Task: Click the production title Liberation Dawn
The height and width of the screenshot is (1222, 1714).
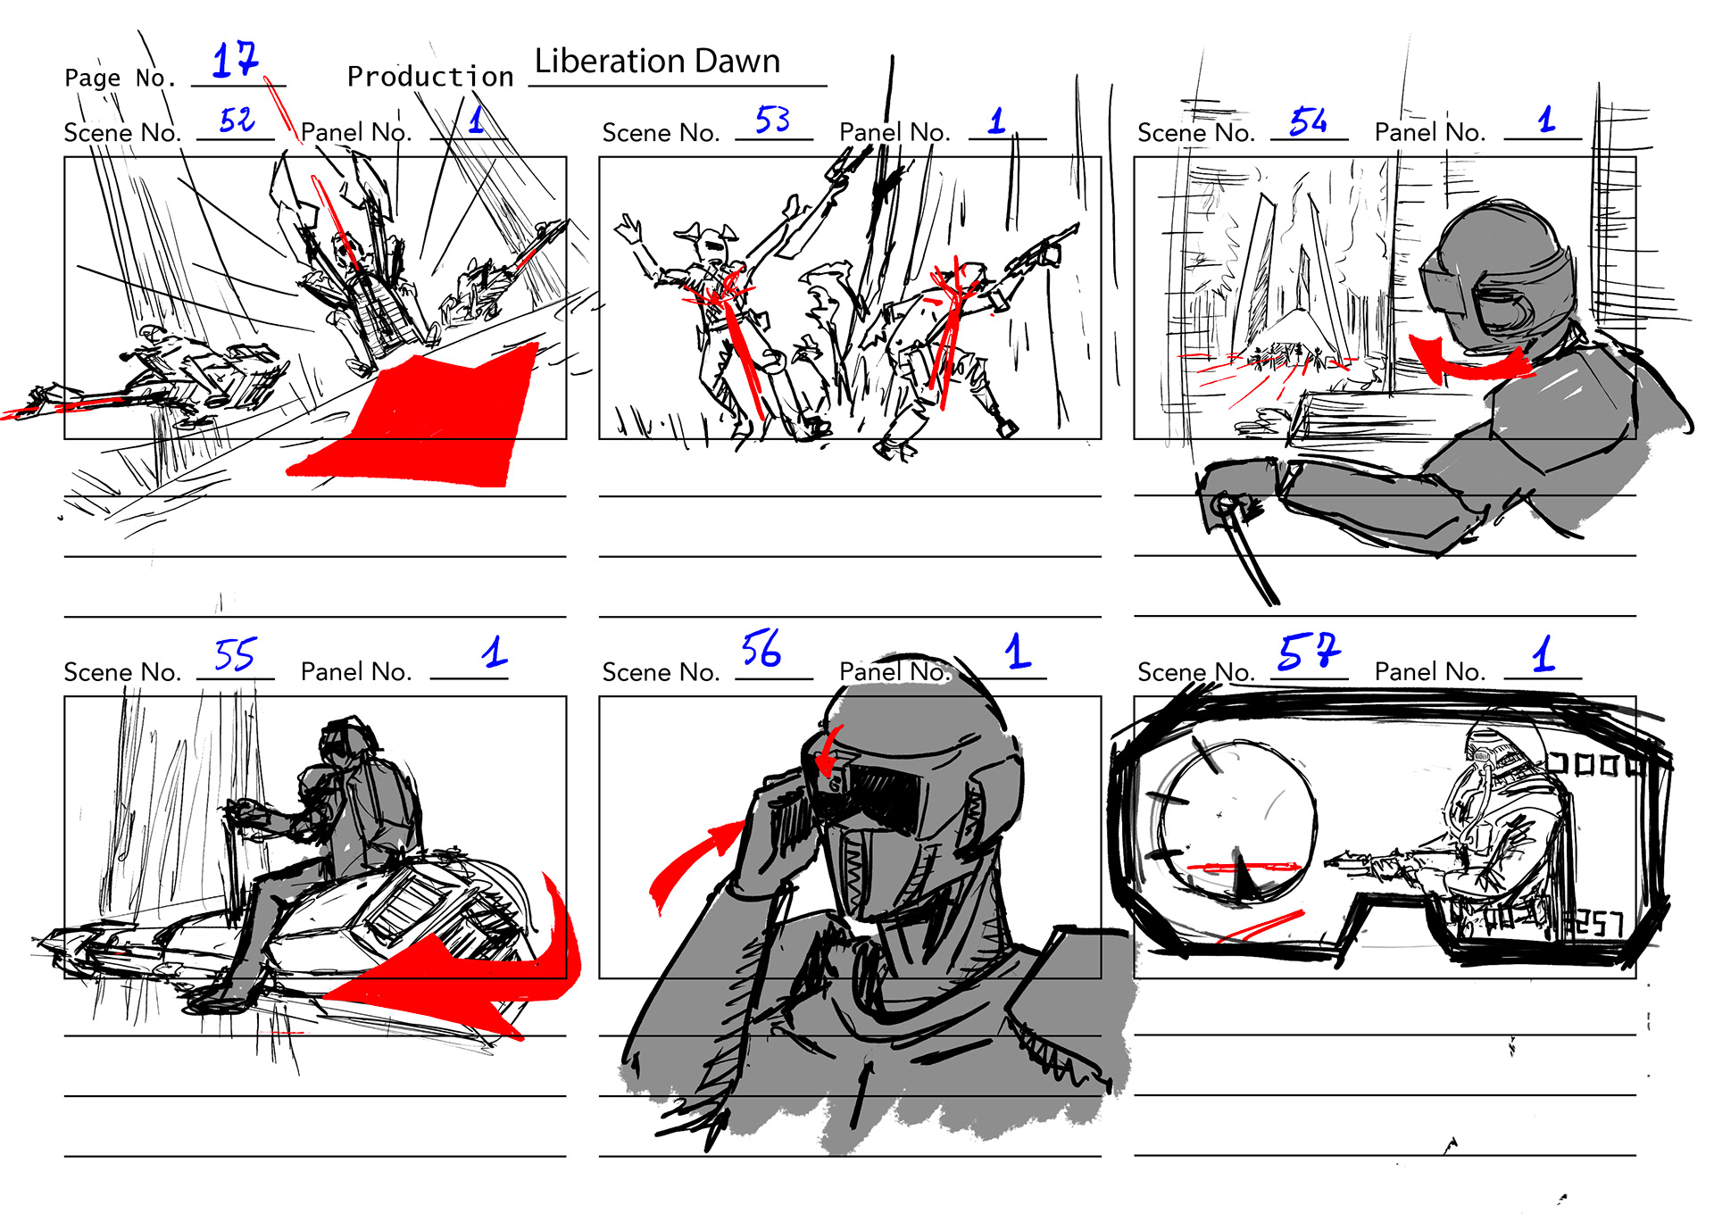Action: pyautogui.click(x=657, y=61)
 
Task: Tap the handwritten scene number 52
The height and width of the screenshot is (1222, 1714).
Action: pyautogui.click(x=237, y=120)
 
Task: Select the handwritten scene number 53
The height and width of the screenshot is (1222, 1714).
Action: pyautogui.click(x=773, y=120)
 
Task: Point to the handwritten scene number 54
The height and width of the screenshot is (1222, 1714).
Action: pyautogui.click(x=1308, y=121)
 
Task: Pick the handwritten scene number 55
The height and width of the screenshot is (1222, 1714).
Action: pyautogui.click(x=235, y=654)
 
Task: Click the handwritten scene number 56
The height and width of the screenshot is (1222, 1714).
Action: pyautogui.click(x=761, y=649)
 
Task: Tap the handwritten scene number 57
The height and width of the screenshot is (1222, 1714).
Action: pyautogui.click(x=1309, y=651)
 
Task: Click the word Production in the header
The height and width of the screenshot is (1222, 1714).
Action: pyautogui.click(x=430, y=77)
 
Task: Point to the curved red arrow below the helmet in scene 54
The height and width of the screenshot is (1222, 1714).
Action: pyautogui.click(x=1464, y=362)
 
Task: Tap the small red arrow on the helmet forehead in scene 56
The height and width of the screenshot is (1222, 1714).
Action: pyautogui.click(x=828, y=752)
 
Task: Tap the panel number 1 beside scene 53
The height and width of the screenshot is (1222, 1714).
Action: pyautogui.click(x=997, y=121)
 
